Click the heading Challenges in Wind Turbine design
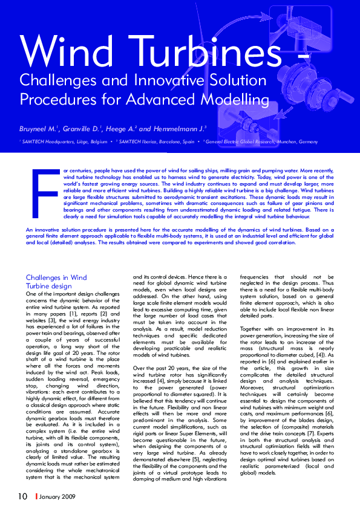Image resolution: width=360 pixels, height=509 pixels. (56, 282)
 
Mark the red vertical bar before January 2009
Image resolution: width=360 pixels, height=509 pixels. (36, 496)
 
